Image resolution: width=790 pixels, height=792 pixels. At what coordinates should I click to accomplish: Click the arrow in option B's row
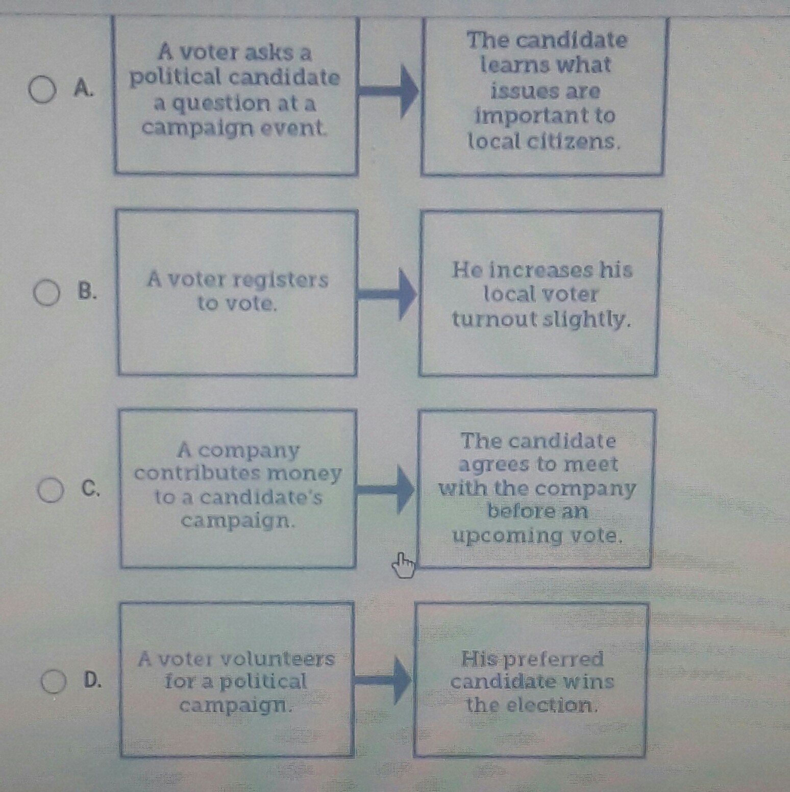tap(387, 294)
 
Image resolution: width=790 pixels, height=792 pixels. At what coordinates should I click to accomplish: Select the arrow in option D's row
tap(383, 680)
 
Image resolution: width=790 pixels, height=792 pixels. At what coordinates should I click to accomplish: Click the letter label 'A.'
tap(84, 89)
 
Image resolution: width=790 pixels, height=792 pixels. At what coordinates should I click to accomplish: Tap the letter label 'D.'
tap(92, 680)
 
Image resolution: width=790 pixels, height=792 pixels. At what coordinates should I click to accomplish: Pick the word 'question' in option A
tap(236, 104)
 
